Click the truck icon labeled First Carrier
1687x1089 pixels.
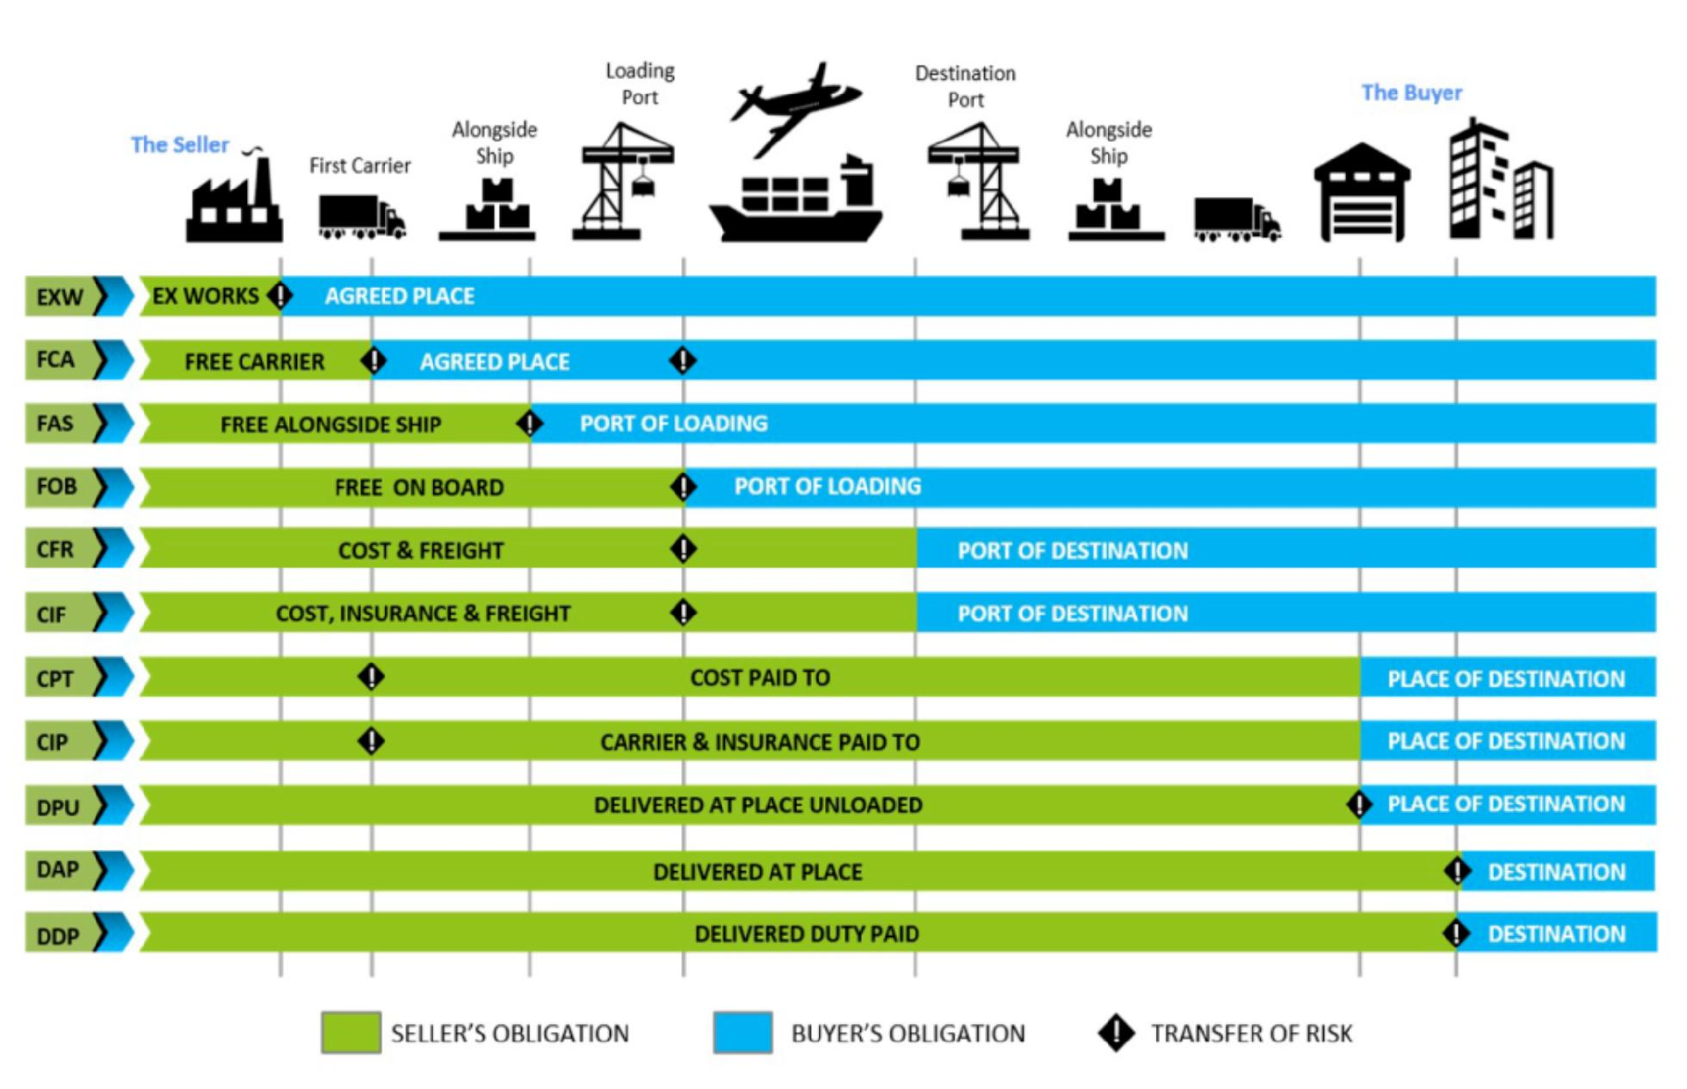coord(361,216)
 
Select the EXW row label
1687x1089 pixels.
coord(60,297)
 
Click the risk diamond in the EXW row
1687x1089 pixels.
coord(280,296)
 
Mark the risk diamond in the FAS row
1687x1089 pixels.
coord(529,424)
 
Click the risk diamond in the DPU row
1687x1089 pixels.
coord(1358,804)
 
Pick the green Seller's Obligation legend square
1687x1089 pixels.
coord(351,1033)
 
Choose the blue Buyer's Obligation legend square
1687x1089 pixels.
coord(742,1033)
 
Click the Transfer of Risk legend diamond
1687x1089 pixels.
coord(1116,1033)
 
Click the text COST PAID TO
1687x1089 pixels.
coord(760,678)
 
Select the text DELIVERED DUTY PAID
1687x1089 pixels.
coord(807,933)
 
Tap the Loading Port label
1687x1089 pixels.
coord(640,83)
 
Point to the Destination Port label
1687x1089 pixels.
coord(965,86)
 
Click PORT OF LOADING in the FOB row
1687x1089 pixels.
coord(828,486)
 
